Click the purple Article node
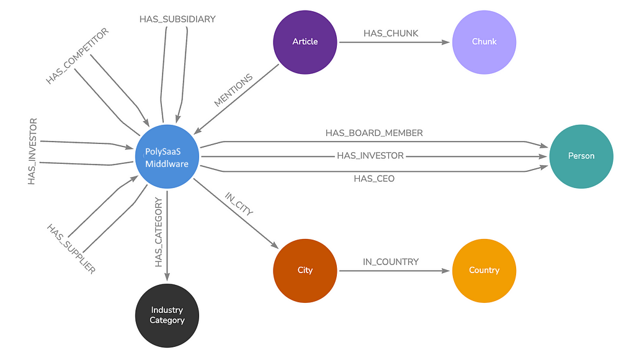[x=305, y=42]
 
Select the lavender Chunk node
[x=484, y=42]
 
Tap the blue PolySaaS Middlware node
[x=167, y=156]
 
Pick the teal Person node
[x=581, y=156]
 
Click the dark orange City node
[x=305, y=271]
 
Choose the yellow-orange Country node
[x=484, y=271]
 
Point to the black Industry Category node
[x=167, y=315]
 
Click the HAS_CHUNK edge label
[x=391, y=34]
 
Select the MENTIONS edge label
[x=234, y=91]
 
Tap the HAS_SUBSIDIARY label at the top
[x=177, y=19]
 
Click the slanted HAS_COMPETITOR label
[x=78, y=56]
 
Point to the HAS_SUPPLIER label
[x=71, y=249]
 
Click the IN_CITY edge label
[x=239, y=204]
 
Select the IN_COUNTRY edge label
[x=391, y=262]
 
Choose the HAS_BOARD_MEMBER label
[x=374, y=133]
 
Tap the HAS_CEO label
[x=374, y=179]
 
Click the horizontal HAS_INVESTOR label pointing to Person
[x=370, y=156]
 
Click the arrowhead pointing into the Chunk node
[x=445, y=42]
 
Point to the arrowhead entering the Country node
[x=445, y=271]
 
